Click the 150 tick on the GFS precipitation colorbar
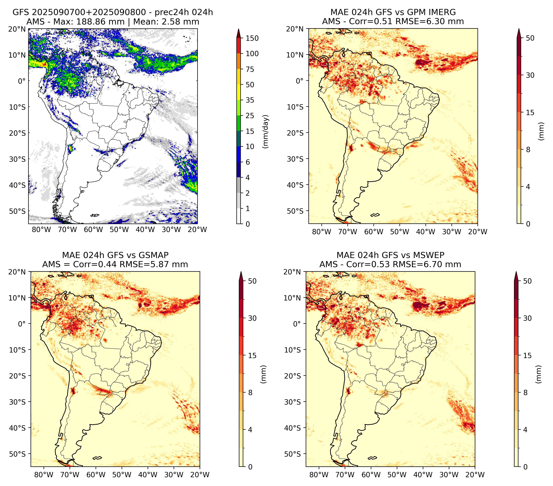252,38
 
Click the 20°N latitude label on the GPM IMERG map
295,29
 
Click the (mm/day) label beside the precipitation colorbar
266,131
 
